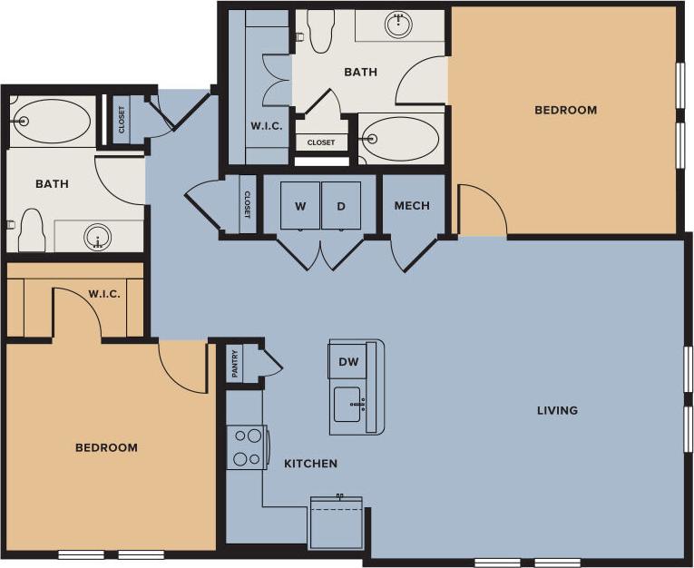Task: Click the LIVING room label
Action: tap(557, 410)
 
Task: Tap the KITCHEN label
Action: tap(310, 464)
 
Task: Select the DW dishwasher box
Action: tap(347, 361)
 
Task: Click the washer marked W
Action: tap(299, 206)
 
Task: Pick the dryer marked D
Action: tap(341, 206)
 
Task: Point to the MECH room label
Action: tap(412, 206)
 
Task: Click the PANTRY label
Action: tap(235, 365)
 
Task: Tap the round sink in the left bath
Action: tap(98, 238)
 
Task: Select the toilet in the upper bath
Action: tap(321, 32)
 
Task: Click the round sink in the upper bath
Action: tap(398, 24)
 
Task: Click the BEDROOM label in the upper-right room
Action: tap(565, 111)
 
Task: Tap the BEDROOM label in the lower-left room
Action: tap(106, 448)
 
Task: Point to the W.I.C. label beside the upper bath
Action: tap(266, 126)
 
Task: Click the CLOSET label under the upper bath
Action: tap(320, 142)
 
